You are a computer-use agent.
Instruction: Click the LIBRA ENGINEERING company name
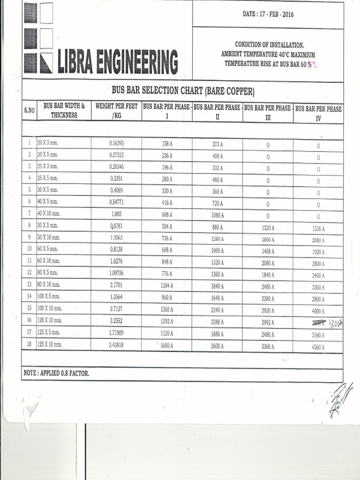tap(117, 62)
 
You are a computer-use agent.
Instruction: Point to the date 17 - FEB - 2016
tap(268, 14)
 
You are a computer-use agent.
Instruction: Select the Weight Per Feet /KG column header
tap(116, 111)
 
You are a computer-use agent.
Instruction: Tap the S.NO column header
tap(29, 111)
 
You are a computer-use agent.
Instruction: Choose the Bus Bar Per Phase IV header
tap(318, 113)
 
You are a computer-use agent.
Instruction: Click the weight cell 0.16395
tap(116, 143)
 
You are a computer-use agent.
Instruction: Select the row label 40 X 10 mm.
tap(49, 214)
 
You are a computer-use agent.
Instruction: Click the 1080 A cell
tap(217, 215)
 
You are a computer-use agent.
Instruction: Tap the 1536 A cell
tap(318, 228)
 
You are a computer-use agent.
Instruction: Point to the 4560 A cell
tap(318, 347)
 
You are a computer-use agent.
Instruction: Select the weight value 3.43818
tap(116, 345)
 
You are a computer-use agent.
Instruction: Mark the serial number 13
tap(29, 285)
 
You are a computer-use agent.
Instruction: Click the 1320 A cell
tap(268, 228)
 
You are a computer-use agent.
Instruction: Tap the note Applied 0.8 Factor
tap(56, 373)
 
